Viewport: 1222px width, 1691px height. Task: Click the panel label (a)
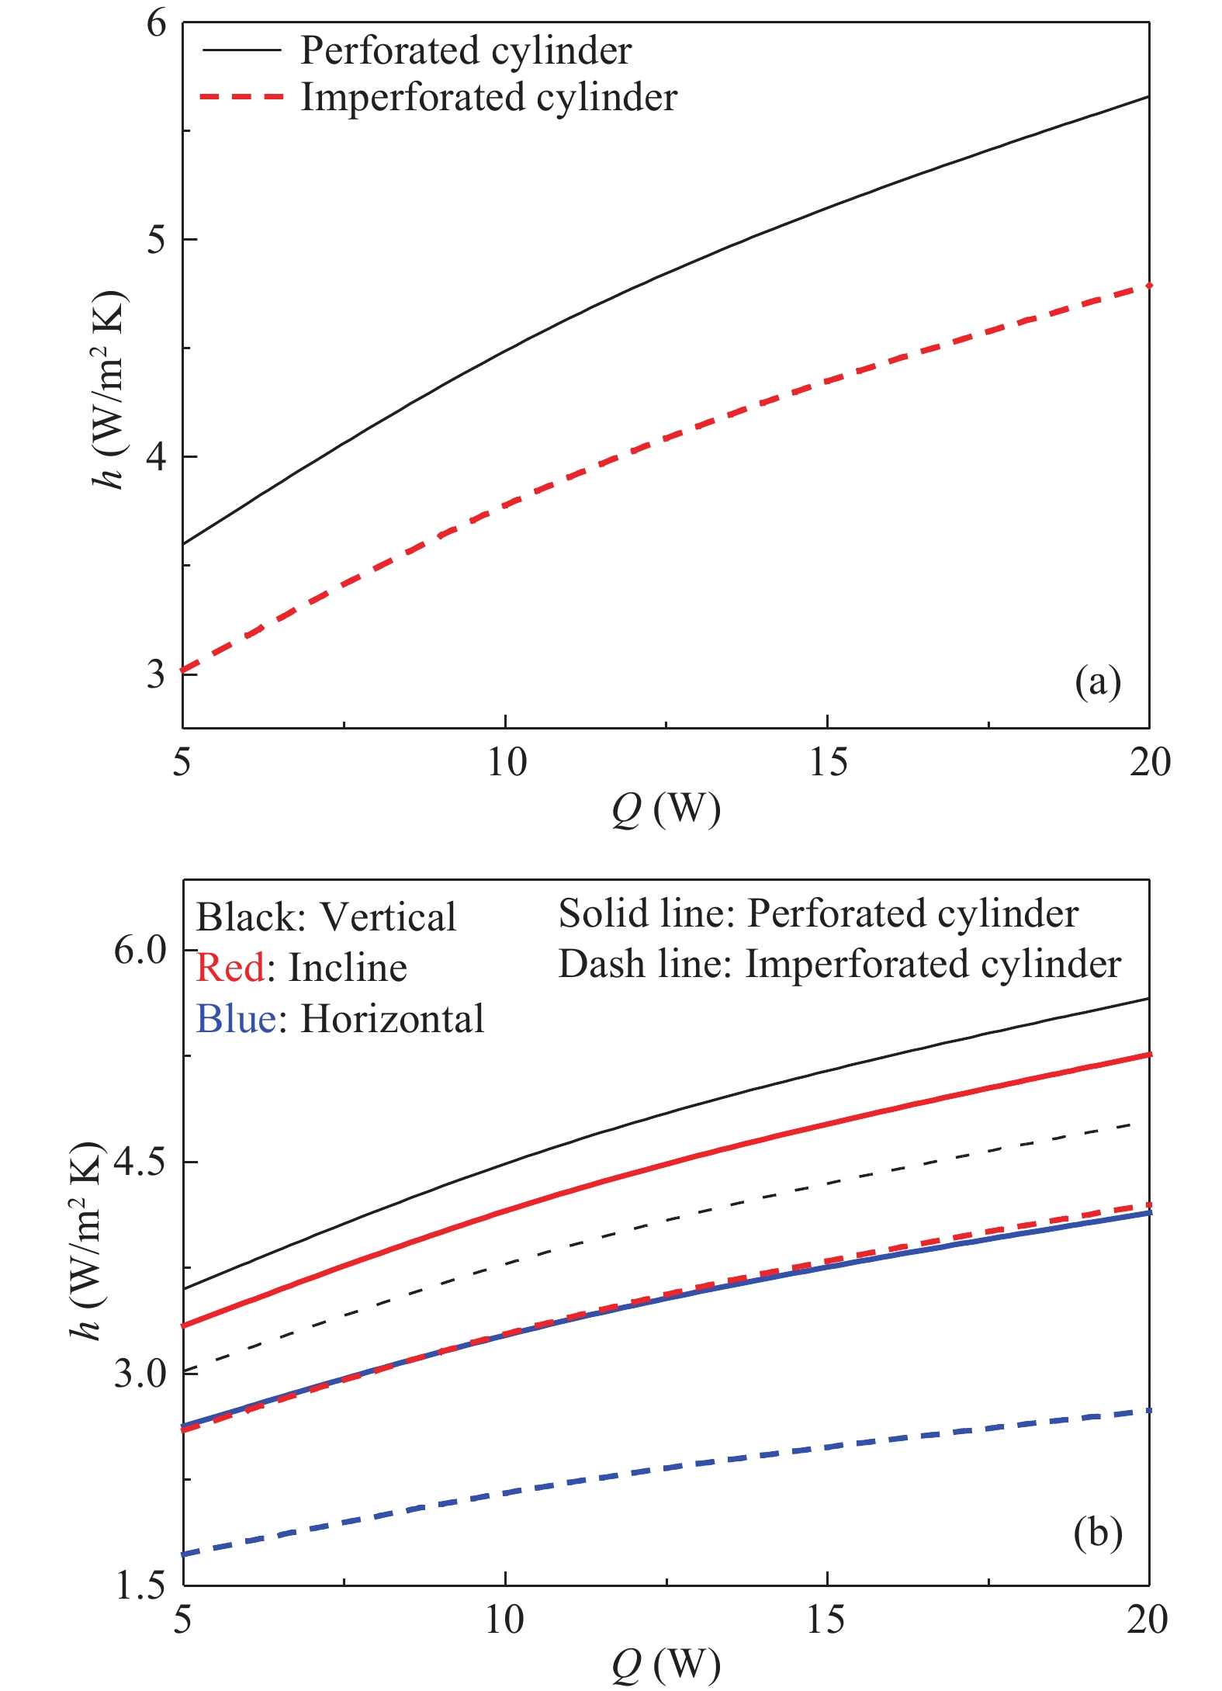(1097, 682)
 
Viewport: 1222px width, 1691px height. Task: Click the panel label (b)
(1097, 1533)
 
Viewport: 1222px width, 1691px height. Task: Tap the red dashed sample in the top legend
(241, 98)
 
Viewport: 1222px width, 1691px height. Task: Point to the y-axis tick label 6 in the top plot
(157, 23)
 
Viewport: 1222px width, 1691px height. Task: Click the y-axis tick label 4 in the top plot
(157, 456)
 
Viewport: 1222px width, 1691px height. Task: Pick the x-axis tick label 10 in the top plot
(506, 763)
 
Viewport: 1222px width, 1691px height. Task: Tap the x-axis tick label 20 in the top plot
(1149, 763)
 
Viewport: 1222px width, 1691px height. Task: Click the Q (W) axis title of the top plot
(666, 809)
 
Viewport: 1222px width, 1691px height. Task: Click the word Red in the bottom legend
(230, 968)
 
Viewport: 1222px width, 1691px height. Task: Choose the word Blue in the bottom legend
(236, 1018)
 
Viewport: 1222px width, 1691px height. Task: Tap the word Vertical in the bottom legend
(388, 917)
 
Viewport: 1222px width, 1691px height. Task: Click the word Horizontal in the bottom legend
(392, 1018)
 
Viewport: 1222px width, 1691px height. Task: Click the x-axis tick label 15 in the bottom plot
(826, 1620)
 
